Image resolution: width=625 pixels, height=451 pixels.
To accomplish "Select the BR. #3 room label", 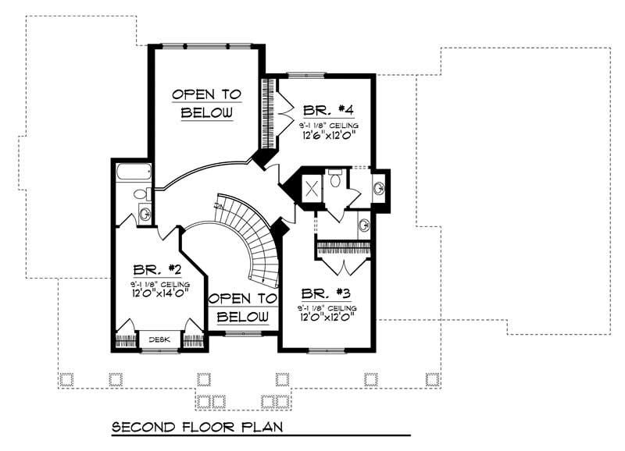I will pos(327,294).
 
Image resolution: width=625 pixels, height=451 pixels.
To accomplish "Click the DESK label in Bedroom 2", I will pos(159,339).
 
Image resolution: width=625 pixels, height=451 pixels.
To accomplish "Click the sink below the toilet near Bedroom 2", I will pos(144,213).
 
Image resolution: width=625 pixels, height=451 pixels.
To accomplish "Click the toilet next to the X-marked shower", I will pos(334,180).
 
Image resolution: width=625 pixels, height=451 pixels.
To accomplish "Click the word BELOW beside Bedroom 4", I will pos(207,113).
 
